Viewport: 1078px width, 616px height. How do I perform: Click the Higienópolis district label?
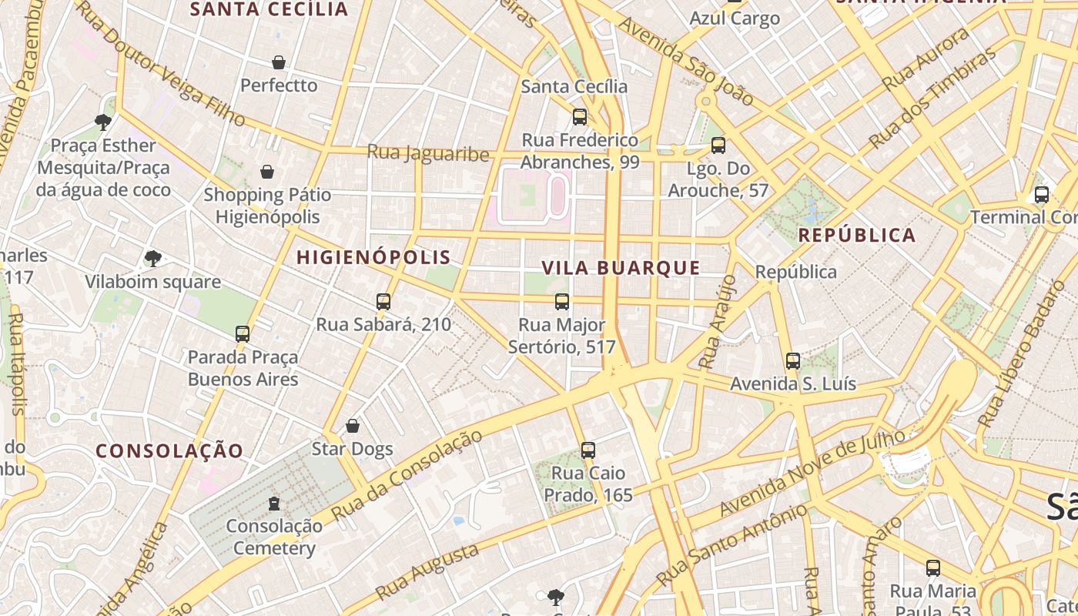pyautogui.click(x=373, y=257)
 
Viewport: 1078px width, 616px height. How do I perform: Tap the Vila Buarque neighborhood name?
pyautogui.click(x=621, y=268)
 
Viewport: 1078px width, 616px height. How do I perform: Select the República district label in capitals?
pyautogui.click(x=857, y=236)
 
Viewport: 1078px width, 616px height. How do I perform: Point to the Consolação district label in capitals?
pyautogui.click(x=169, y=450)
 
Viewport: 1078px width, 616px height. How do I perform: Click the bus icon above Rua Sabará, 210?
pyautogui.click(x=383, y=301)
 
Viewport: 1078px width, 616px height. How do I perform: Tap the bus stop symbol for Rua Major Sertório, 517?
pyautogui.click(x=562, y=301)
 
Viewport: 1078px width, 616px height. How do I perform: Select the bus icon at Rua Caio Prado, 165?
pyautogui.click(x=588, y=450)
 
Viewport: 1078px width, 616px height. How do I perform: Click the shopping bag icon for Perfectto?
pyautogui.click(x=279, y=62)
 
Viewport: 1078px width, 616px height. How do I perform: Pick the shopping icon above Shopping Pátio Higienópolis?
pyautogui.click(x=267, y=171)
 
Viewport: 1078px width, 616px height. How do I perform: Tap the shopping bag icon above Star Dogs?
pyautogui.click(x=353, y=425)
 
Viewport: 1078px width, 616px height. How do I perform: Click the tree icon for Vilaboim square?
pyautogui.click(x=153, y=259)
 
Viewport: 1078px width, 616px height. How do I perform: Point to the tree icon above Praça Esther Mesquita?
pyautogui.click(x=102, y=122)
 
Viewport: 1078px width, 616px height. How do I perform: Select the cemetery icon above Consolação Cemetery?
pyautogui.click(x=273, y=504)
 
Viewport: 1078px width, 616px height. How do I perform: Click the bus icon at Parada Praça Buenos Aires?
pyautogui.click(x=243, y=333)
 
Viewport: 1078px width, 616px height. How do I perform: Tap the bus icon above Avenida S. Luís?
pyautogui.click(x=793, y=360)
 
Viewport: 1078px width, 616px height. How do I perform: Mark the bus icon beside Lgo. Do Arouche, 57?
pyautogui.click(x=718, y=145)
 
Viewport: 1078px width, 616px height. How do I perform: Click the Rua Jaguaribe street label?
pyautogui.click(x=428, y=153)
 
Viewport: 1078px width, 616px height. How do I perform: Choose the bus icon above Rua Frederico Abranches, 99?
pyautogui.click(x=580, y=117)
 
